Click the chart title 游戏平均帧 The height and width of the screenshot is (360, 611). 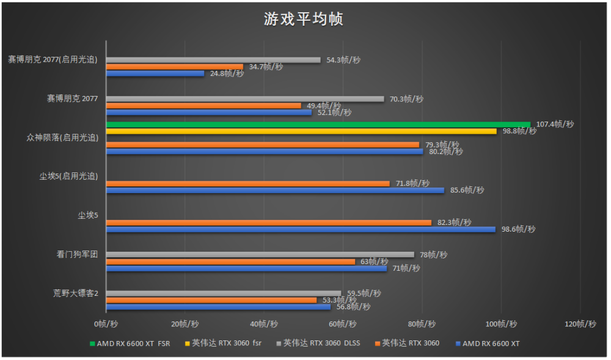pyautogui.click(x=303, y=19)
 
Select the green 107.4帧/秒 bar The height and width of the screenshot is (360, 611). pyautogui.click(x=318, y=124)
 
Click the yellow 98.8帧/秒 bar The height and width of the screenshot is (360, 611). pyautogui.click(x=301, y=131)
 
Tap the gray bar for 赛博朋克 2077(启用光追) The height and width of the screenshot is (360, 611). pyautogui.click(x=213, y=60)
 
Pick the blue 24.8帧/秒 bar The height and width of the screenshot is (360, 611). pyautogui.click(x=155, y=73)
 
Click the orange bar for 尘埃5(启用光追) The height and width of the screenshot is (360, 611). pyautogui.click(x=247, y=183)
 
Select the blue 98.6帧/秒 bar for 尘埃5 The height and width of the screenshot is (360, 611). pyautogui.click(x=301, y=229)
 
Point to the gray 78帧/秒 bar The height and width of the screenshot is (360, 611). pyautogui.click(x=260, y=254)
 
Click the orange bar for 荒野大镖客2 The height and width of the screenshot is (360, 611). pyautogui.click(x=211, y=299)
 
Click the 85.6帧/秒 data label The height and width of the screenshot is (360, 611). pyautogui.click(x=467, y=190)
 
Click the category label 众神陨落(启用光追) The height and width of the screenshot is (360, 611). pyautogui.click(x=62, y=138)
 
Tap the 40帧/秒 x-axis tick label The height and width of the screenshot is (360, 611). pyautogui.click(x=264, y=324)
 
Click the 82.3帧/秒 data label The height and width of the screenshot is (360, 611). pyautogui.click(x=455, y=222)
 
